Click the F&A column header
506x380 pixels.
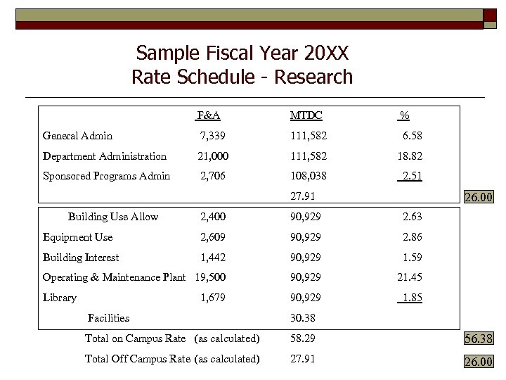[x=209, y=115]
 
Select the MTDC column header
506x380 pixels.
[x=306, y=115]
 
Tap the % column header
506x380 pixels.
[x=405, y=115]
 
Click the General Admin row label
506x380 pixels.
[x=77, y=136]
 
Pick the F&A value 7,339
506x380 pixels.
[x=213, y=136]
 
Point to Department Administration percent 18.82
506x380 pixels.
[x=409, y=156]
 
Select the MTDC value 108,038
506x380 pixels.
[x=309, y=176]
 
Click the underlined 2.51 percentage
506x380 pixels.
[x=410, y=176]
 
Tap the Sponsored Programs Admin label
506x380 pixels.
[x=106, y=176]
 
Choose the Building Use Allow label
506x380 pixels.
[x=113, y=217]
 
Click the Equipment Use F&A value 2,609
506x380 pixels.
[x=213, y=237]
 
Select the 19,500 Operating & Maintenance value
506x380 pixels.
[x=212, y=277]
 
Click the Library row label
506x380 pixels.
[x=60, y=298]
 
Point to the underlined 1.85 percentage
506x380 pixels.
[x=410, y=298]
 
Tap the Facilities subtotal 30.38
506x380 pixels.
[x=303, y=318]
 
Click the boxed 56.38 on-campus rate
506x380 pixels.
[x=479, y=339]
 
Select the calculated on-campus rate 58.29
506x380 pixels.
[x=303, y=338]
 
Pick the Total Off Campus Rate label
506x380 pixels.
[x=137, y=359]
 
